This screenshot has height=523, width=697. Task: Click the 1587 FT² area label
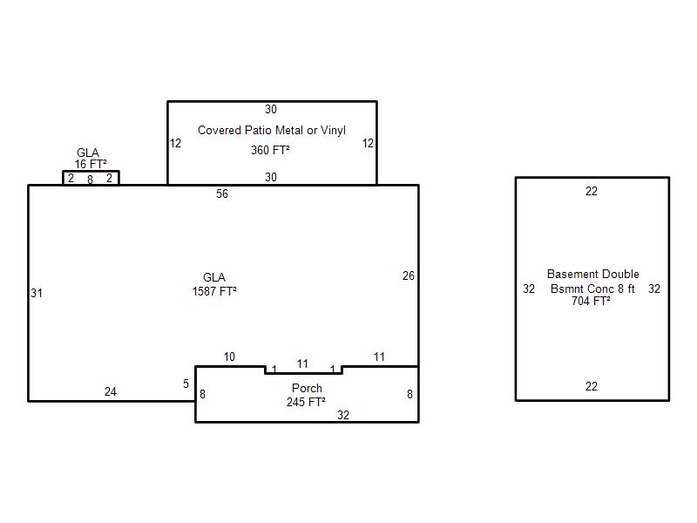(214, 291)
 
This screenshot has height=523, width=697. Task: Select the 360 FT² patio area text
(270, 150)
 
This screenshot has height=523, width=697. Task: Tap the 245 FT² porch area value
(306, 402)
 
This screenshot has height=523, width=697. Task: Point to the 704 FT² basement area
(591, 301)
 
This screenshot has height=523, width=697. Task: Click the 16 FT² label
(91, 164)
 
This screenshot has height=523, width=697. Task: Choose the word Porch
(307, 388)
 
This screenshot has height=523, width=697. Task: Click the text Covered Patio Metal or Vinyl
(272, 130)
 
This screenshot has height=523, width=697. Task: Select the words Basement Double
(593, 274)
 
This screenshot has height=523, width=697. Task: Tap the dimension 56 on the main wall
(222, 194)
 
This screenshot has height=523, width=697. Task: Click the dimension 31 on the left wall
(37, 293)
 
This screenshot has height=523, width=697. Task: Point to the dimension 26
(409, 275)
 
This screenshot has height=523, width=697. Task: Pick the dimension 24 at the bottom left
(111, 391)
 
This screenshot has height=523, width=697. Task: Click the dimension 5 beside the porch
(186, 384)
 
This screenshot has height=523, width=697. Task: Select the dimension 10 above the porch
(229, 357)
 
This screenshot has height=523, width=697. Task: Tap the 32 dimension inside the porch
(342, 415)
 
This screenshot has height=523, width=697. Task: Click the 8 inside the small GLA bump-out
(91, 180)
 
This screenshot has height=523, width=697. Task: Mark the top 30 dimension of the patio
(271, 110)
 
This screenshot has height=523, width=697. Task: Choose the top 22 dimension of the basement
(592, 191)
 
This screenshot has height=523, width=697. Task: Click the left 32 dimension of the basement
(529, 289)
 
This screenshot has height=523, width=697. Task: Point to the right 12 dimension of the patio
(368, 143)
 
